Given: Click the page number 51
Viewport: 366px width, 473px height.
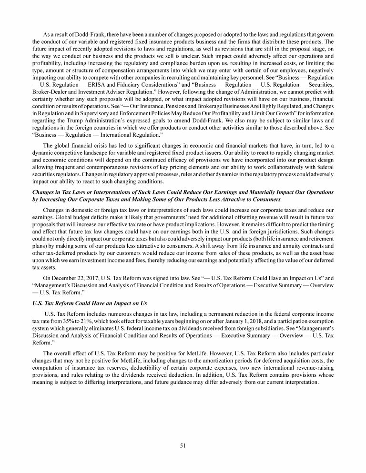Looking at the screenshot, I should pyautogui.click(x=183, y=446).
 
